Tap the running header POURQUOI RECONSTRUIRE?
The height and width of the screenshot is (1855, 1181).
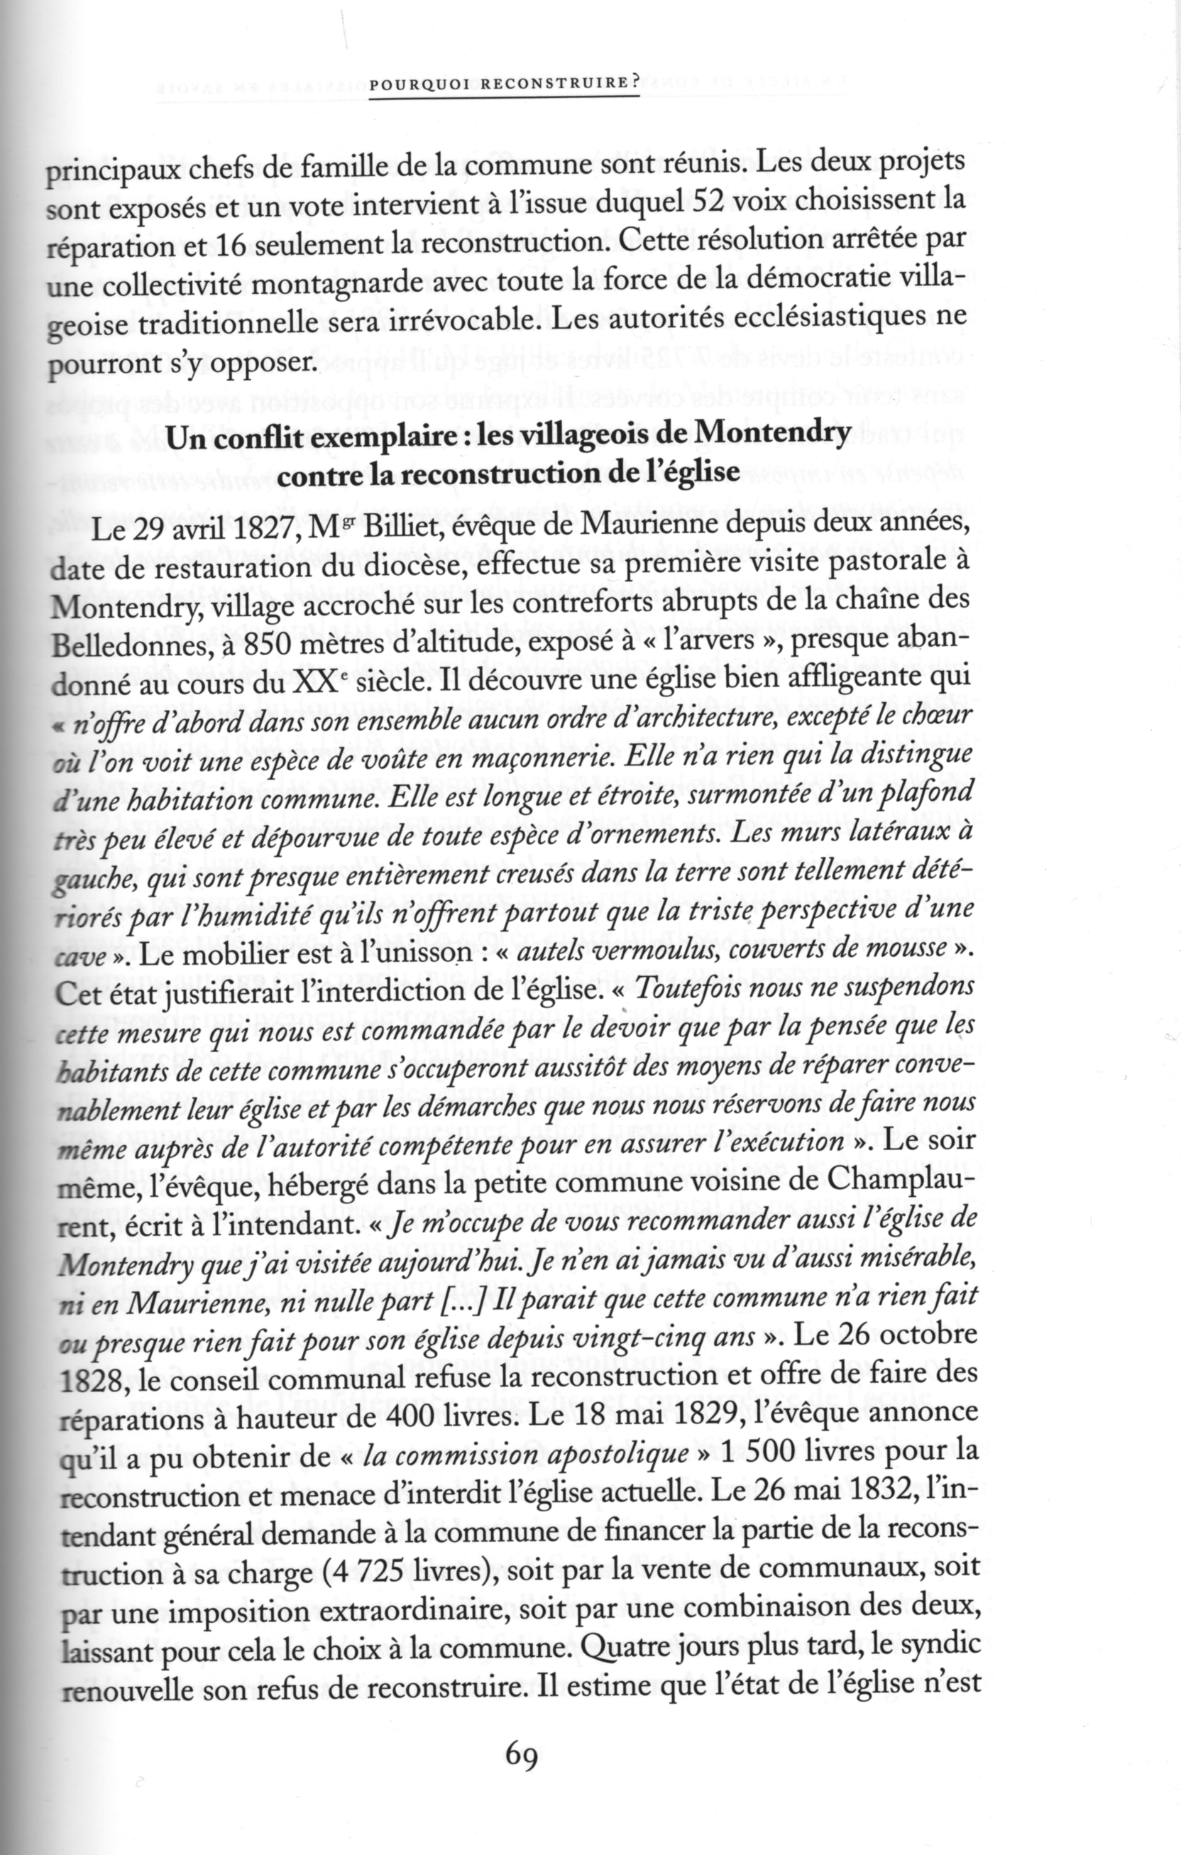(x=505, y=87)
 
